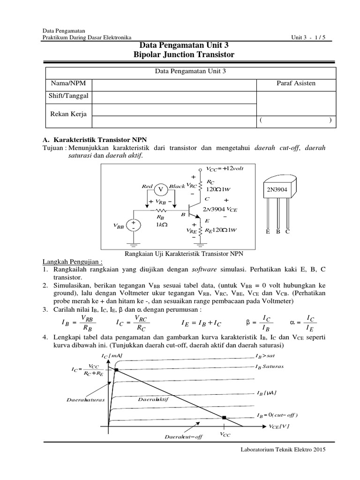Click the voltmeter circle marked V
click(x=162, y=189)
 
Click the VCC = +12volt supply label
click(x=225, y=168)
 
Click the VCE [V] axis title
click(x=279, y=426)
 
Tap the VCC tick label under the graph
click(x=225, y=435)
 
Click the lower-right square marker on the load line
click(x=225, y=417)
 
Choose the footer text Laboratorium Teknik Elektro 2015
click(x=282, y=449)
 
